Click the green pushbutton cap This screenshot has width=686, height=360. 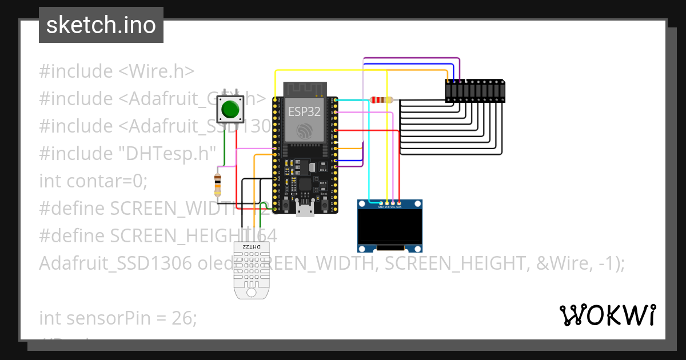point(230,109)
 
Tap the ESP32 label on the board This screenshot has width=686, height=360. point(304,110)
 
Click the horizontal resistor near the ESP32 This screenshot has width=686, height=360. point(381,100)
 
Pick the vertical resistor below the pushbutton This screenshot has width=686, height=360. point(217,185)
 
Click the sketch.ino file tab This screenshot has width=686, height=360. point(101,25)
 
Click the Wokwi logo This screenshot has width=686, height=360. point(607,315)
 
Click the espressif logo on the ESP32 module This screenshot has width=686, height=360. point(304,130)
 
